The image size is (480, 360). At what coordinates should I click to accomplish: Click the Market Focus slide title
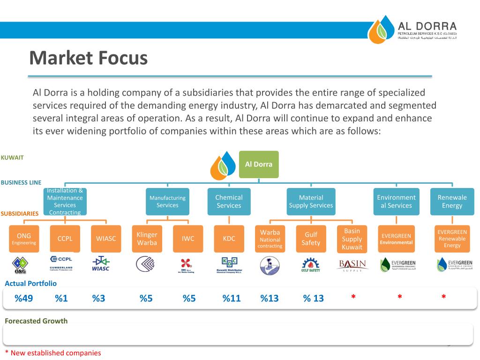[88, 59]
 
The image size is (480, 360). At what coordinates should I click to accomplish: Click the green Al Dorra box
[259, 164]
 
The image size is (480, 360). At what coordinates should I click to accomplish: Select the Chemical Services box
[229, 202]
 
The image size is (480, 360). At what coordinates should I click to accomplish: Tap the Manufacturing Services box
[167, 202]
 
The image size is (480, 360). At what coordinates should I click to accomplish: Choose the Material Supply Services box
[311, 202]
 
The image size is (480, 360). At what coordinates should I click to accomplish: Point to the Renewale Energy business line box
[452, 202]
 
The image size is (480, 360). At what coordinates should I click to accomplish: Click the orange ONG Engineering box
[24, 239]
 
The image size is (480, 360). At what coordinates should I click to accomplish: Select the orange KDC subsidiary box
[229, 239]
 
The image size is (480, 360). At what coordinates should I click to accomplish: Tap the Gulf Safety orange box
[311, 239]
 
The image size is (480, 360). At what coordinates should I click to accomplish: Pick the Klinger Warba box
[147, 239]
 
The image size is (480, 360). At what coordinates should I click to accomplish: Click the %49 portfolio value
[24, 298]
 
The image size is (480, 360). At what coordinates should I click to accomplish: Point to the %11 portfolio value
[232, 298]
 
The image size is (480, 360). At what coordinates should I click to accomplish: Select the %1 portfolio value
[61, 298]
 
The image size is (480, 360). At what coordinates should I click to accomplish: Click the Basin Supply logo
[352, 265]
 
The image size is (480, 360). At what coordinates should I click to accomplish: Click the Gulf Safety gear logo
[311, 265]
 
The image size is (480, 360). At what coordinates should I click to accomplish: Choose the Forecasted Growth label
[36, 321]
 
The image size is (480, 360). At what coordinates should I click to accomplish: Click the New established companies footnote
[52, 353]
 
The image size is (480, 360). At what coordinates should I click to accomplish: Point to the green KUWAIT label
[12, 157]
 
